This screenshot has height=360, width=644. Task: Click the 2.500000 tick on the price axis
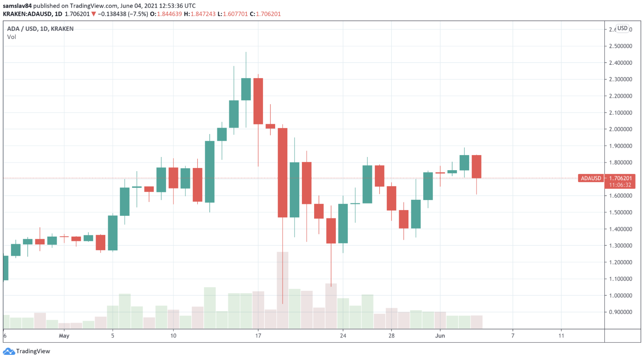click(x=620, y=46)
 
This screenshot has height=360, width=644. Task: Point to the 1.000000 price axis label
click(x=620, y=296)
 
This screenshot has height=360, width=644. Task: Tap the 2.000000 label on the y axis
click(x=620, y=129)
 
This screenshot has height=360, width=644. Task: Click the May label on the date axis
click(x=64, y=336)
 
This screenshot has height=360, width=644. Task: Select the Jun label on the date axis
click(x=440, y=336)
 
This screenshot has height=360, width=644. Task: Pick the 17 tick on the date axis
click(x=258, y=336)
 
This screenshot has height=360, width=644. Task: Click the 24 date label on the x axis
click(x=343, y=336)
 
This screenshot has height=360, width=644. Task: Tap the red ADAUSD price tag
click(x=591, y=178)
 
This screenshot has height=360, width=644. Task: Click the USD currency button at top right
click(x=622, y=28)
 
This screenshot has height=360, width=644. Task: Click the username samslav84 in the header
click(x=17, y=6)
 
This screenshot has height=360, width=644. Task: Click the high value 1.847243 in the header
click(x=203, y=14)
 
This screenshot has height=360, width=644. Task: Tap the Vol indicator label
click(x=12, y=37)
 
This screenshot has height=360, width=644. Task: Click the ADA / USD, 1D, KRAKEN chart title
click(x=40, y=29)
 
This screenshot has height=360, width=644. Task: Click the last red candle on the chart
click(x=476, y=167)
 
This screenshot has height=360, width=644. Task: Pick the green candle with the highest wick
click(x=246, y=89)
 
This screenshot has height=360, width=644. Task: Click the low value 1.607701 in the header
click(x=235, y=14)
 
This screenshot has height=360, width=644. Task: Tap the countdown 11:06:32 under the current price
click(x=620, y=185)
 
